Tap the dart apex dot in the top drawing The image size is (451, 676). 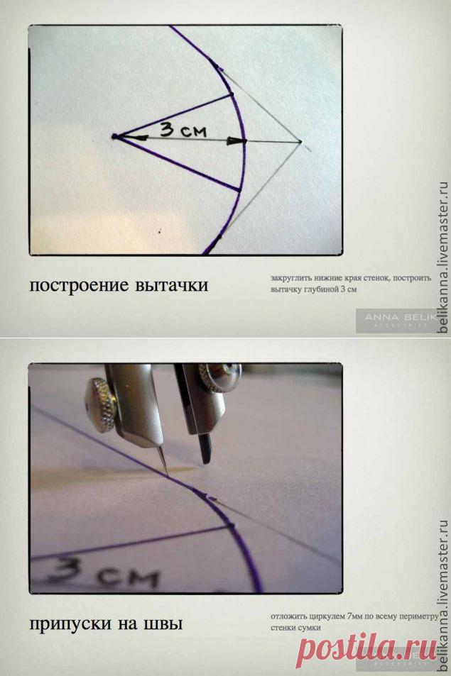point(114,136)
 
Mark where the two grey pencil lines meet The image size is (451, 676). point(300,143)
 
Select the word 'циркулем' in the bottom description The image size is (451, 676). point(322,616)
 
